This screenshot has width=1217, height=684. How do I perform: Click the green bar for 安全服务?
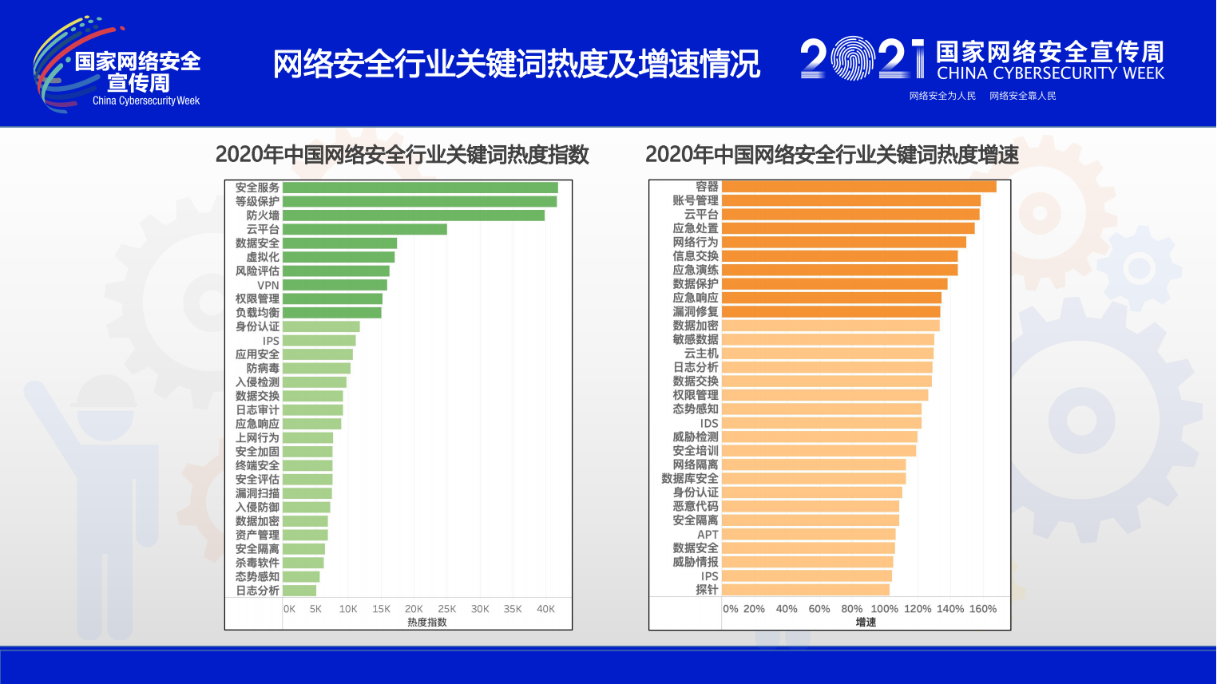(420, 188)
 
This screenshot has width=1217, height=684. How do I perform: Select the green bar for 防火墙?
(414, 215)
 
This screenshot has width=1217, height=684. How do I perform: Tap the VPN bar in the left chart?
(335, 285)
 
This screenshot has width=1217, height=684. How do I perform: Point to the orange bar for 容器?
(858, 187)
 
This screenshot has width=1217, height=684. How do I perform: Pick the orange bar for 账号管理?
(850, 200)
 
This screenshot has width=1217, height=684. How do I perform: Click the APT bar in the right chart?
(808, 534)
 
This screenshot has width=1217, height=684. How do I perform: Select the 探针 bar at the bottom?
(805, 590)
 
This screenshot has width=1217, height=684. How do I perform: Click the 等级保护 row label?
(257, 202)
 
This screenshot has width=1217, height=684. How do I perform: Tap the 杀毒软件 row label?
(257, 563)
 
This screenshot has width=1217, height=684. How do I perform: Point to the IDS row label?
(709, 423)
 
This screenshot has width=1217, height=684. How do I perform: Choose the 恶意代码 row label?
(696, 506)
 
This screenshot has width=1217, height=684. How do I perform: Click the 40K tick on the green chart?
(545, 609)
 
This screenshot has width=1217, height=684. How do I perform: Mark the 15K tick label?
(381, 609)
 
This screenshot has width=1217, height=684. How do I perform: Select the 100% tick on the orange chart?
(884, 609)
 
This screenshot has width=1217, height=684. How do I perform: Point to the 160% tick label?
(982, 609)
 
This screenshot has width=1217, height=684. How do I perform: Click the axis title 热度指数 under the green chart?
(427, 623)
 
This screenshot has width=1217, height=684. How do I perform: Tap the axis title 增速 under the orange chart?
(866, 623)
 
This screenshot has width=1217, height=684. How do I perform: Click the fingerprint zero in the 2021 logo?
(853, 58)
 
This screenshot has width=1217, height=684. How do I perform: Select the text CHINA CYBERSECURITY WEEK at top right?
(1050, 73)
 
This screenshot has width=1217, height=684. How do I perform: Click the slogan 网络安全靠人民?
(1022, 96)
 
